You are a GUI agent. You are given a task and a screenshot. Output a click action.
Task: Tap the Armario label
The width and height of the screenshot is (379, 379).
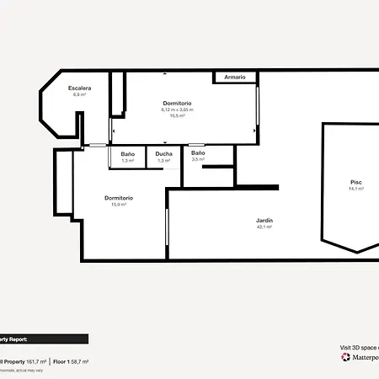pyautogui.click(x=235, y=77)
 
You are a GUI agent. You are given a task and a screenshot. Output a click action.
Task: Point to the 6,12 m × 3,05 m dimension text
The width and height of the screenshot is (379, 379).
pyautogui.click(x=177, y=109)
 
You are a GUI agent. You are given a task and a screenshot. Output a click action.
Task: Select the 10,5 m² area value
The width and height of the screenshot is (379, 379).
pyautogui.click(x=177, y=115)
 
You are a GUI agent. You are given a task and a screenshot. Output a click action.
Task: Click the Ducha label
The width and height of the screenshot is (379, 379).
pyautogui.click(x=163, y=154)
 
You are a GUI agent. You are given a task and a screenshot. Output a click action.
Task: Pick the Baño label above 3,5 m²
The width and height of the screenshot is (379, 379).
pyautogui.click(x=198, y=152)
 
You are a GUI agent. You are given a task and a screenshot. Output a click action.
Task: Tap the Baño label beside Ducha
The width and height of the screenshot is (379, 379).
pyautogui.click(x=128, y=154)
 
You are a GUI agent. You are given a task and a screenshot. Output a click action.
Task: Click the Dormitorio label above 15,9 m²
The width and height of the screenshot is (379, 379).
pyautogui.click(x=119, y=198)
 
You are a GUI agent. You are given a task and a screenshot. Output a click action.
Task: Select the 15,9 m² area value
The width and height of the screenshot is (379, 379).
pyautogui.click(x=119, y=205)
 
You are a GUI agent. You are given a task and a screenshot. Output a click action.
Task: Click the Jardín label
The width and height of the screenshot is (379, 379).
pyautogui.click(x=264, y=221)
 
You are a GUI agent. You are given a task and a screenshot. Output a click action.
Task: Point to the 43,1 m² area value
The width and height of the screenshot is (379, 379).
pyautogui.click(x=264, y=227)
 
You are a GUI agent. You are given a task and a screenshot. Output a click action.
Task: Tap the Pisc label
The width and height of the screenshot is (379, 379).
pyautogui.click(x=356, y=182)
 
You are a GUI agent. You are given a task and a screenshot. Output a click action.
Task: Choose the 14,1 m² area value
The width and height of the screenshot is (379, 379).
pyautogui.click(x=356, y=189)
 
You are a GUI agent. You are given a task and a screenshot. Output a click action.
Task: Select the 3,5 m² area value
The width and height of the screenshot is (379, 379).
pyautogui.click(x=198, y=159)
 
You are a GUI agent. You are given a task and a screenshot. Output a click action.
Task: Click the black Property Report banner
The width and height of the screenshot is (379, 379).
pyautogui.click(x=42, y=339)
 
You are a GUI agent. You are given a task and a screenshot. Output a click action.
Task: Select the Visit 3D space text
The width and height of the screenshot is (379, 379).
pyautogui.click(x=359, y=347)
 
